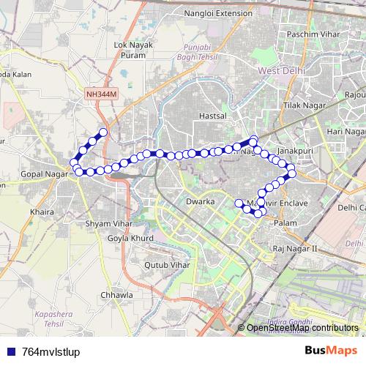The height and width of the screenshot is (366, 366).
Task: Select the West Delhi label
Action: click(x=283, y=70)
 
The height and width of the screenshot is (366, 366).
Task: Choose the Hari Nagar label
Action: click(x=346, y=131)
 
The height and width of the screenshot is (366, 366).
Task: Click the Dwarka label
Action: click(x=199, y=201)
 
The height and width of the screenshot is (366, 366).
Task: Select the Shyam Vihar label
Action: click(x=107, y=223)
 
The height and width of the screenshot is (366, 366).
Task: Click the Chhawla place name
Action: click(x=118, y=295)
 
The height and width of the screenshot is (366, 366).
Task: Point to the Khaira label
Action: click(x=42, y=212)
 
